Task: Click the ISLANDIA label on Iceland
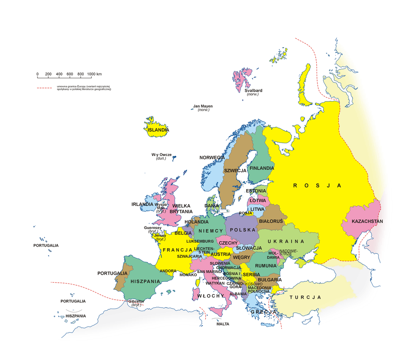point(158,130)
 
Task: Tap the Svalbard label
point(253,91)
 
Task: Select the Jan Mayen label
point(203,106)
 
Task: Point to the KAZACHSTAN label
point(367,221)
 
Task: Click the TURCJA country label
point(305,298)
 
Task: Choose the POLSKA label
point(242,230)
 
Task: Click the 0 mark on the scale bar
point(37,74)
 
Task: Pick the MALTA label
point(223,324)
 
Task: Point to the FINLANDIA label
point(261,168)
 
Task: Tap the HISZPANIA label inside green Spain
point(145,281)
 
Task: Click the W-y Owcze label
point(161,155)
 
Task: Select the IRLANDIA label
point(142,204)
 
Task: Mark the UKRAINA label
point(286,241)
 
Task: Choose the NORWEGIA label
point(212,158)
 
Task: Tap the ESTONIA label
point(256,191)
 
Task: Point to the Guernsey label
point(153,228)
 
